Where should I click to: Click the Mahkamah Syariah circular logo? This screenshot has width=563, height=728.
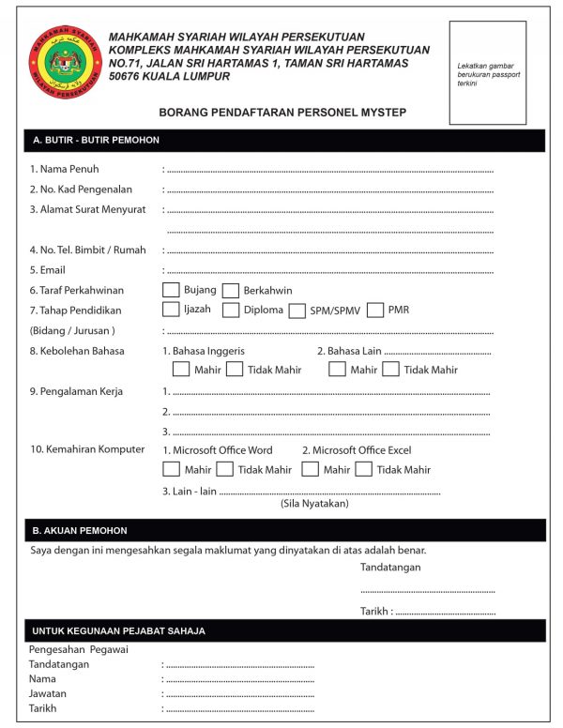pos(66,64)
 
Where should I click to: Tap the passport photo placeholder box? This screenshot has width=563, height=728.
pos(487,73)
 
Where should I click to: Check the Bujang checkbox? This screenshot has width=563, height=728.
pos(171,290)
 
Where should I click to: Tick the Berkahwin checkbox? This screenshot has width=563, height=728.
pos(231,291)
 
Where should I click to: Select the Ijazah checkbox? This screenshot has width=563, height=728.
pos(171,310)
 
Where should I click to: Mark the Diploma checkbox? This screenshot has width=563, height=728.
pos(231,310)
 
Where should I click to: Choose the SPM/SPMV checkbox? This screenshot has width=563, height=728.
pos(297,311)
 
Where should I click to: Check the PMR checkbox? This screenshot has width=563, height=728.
pos(375,310)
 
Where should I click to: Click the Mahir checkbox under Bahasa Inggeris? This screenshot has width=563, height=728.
pos(180,370)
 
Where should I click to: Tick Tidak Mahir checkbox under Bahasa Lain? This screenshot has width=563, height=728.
pos(391,370)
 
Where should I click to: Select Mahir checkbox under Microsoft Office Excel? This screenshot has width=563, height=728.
pos(311,469)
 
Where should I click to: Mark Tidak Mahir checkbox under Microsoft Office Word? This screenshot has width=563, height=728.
pos(224,469)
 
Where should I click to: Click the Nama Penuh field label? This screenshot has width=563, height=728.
pos(64,169)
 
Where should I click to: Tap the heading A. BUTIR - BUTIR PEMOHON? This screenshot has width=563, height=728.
pos(96,140)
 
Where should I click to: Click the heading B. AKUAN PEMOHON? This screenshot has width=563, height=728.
pos(80,530)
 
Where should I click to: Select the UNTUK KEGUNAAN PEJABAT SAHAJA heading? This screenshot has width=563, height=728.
pos(118,630)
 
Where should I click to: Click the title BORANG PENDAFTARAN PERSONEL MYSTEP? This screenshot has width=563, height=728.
pos(282,112)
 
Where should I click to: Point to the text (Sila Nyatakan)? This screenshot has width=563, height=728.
pos(314,504)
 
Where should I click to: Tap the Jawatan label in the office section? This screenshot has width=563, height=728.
pos(48,693)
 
